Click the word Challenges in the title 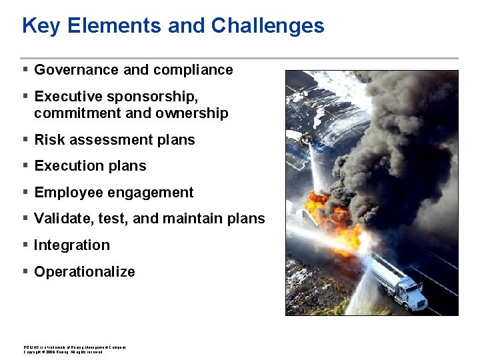click(x=267, y=26)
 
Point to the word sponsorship click(x=147, y=97)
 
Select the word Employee click(x=67, y=193)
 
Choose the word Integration click(x=72, y=245)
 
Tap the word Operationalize click(x=85, y=272)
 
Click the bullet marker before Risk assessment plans click(x=25, y=139)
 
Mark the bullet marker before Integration click(x=25, y=245)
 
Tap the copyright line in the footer click(x=63, y=352)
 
